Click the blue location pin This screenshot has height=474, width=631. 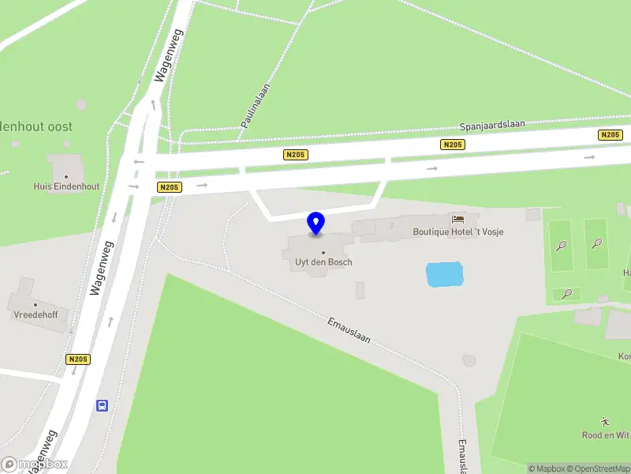316,224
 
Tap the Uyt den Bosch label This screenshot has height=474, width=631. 318,262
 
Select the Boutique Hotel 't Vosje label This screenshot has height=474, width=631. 458,232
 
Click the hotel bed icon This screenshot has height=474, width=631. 457,219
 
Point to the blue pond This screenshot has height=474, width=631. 444,274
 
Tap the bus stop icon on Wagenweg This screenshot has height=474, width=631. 103,405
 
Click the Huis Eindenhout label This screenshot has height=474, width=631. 66,186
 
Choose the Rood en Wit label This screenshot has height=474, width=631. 606,435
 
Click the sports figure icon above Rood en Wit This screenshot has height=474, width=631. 606,422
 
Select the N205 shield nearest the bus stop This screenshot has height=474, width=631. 78,359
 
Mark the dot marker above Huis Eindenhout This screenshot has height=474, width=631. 66,175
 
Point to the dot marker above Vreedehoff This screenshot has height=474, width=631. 35,304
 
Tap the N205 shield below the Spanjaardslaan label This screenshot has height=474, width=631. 453,145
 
